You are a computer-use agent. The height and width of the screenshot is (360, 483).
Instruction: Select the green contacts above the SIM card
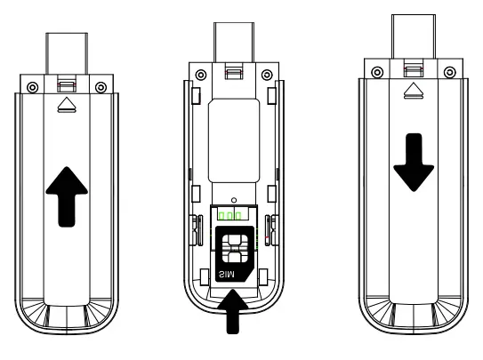coord(229,215)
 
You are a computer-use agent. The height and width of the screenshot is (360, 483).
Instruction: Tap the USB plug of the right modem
coord(412,36)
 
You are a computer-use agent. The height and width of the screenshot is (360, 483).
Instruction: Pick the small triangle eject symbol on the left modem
coord(66,105)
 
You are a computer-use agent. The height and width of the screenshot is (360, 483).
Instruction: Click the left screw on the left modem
coord(33,86)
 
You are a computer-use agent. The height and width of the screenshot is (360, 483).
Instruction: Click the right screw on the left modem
coord(101,86)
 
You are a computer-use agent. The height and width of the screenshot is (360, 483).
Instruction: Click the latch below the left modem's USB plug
coord(66,85)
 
